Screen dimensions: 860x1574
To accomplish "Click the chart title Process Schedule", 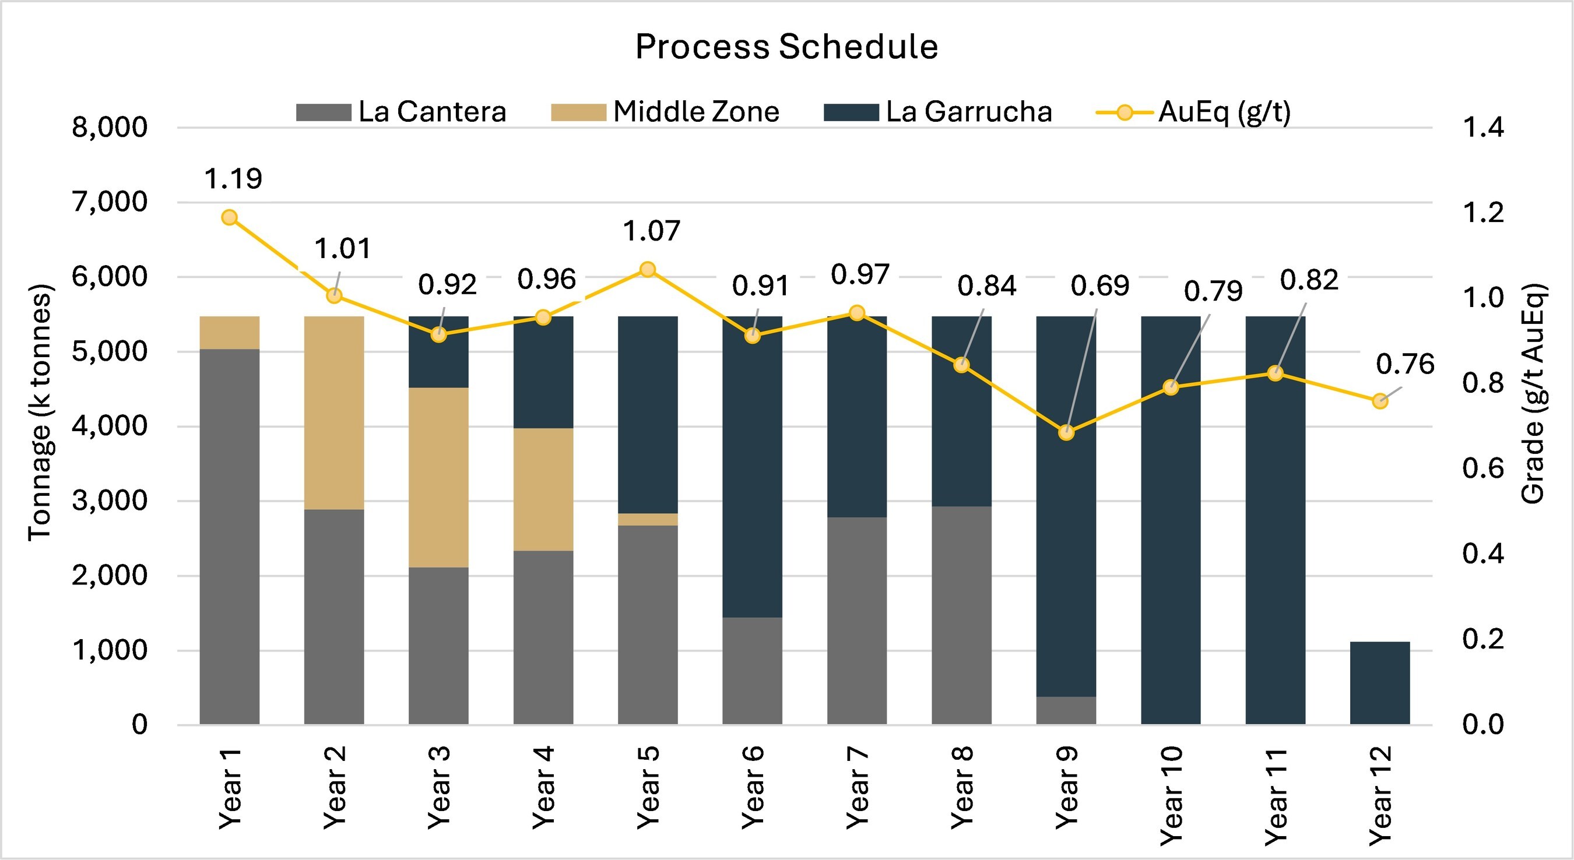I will pos(786,47).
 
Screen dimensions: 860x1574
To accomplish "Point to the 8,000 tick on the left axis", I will pos(110,127).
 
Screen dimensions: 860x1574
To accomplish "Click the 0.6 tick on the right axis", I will pos(1483,468).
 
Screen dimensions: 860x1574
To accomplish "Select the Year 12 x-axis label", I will pos(1380,795).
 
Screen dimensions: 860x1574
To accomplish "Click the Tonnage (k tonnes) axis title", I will pos(40,413).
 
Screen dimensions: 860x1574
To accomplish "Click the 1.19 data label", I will pos(233,179).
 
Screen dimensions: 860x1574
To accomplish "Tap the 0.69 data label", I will pos(1100,286).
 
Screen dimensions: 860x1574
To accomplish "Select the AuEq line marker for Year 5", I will pos(648,269).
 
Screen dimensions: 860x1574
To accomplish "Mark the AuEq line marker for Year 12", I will pos(1380,401).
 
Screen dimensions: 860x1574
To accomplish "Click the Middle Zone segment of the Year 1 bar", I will pos(229,332).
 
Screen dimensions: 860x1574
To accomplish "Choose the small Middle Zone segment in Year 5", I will pos(648,519).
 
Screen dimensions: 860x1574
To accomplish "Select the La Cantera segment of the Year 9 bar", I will pos(1066,710).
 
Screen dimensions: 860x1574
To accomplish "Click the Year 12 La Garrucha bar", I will pos(1380,683).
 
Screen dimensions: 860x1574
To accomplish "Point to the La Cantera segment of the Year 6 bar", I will pos(752,671).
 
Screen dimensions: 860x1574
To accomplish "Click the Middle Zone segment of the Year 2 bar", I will pos(333,413).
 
